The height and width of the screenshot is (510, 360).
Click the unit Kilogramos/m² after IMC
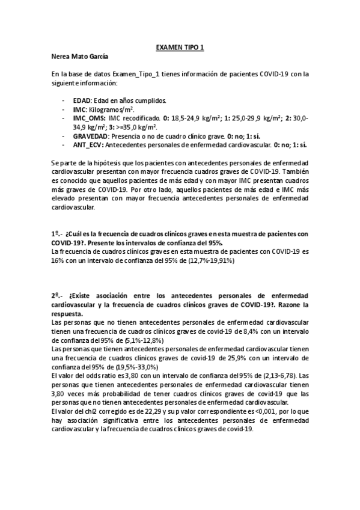[111, 110]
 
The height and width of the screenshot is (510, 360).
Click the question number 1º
[55, 233]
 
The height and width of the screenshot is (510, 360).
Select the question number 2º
[55, 296]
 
